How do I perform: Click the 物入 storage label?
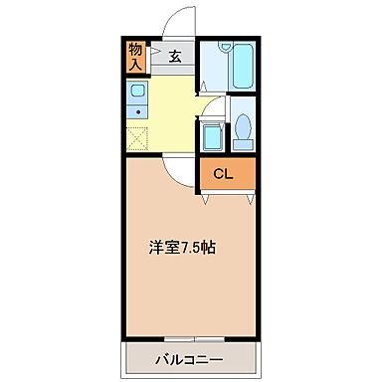(x=135, y=56)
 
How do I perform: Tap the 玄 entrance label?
(x=174, y=57)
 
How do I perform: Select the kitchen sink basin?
(x=136, y=93)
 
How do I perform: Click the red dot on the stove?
(x=136, y=111)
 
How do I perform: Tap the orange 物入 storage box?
(x=135, y=57)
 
